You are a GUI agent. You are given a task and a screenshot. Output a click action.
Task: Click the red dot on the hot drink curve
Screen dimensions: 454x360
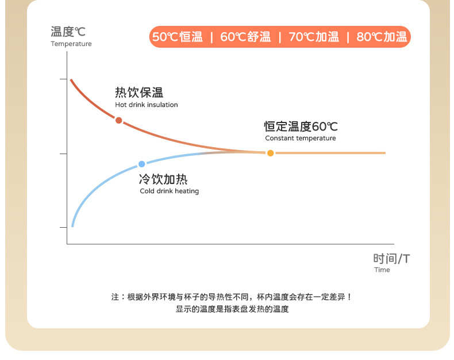(x=119, y=120)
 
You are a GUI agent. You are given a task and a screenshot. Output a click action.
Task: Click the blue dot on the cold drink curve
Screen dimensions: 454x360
(x=141, y=164)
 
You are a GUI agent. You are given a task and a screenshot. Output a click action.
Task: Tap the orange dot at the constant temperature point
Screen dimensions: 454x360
(x=271, y=153)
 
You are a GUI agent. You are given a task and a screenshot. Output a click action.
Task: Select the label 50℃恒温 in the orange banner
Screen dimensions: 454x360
(x=178, y=37)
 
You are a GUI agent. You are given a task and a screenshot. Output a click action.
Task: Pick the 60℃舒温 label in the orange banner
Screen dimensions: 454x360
(x=245, y=37)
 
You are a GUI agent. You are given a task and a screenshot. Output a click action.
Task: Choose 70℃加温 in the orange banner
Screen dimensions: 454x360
(x=314, y=37)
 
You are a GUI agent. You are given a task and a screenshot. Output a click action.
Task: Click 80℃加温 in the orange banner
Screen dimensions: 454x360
(x=382, y=37)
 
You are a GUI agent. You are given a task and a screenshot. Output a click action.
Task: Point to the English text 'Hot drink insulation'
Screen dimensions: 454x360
(x=147, y=105)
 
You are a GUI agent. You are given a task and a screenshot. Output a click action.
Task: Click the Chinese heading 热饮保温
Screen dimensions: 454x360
(x=139, y=93)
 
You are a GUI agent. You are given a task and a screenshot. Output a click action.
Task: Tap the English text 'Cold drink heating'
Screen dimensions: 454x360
(x=170, y=191)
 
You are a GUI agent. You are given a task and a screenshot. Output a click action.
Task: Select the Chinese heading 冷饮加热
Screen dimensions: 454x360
(x=163, y=179)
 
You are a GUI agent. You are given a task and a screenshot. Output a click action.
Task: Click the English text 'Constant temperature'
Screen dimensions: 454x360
(x=301, y=138)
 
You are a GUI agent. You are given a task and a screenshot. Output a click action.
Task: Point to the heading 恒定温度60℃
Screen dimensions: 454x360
(x=301, y=127)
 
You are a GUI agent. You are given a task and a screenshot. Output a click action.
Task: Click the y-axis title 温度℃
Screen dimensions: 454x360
(x=68, y=32)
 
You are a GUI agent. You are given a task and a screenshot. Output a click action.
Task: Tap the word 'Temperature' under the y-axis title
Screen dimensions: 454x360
(x=71, y=44)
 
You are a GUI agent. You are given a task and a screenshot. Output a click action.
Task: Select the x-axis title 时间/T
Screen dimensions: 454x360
(x=391, y=259)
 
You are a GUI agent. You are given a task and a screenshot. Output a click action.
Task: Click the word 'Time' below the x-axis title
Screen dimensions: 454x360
(x=382, y=270)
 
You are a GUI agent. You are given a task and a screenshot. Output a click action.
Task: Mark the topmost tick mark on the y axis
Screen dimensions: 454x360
(x=63, y=79)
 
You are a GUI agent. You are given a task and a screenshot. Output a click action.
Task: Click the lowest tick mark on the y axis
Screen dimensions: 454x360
(x=63, y=228)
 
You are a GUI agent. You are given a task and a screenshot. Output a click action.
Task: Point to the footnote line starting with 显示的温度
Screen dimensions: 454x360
(x=232, y=309)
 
